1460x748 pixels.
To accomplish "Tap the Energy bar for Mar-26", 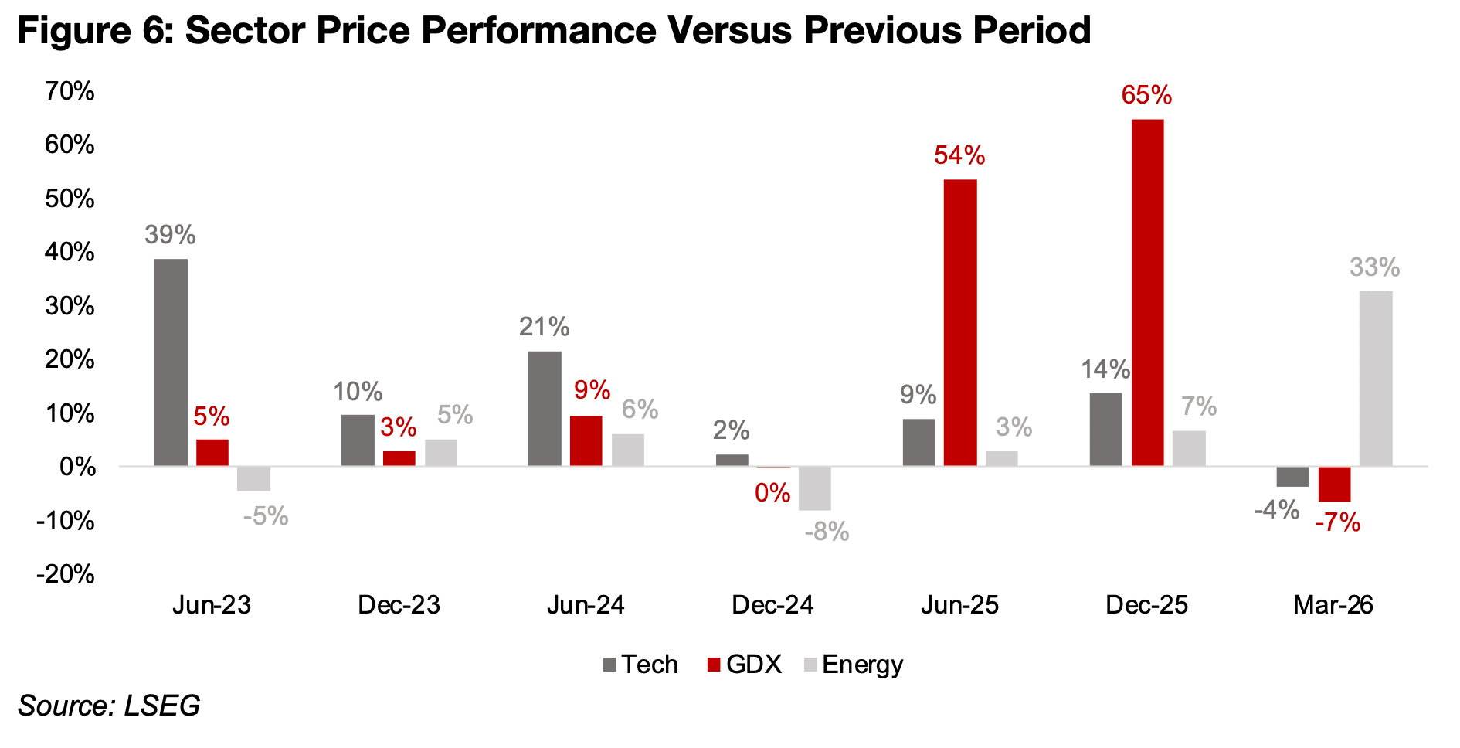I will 1375,378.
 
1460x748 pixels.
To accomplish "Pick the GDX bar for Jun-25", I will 960,322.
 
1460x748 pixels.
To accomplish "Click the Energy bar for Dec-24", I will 815,488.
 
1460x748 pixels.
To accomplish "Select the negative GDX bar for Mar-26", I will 1334,484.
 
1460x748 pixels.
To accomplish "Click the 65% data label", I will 1146,95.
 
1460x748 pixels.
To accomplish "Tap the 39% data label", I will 170,234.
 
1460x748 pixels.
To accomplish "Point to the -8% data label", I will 827,532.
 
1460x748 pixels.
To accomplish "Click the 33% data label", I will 1374,267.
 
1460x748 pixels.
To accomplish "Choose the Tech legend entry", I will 640,665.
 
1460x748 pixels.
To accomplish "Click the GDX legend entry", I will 745,665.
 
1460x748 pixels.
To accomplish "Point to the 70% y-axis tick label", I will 70,91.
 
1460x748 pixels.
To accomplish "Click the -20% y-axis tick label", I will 66,574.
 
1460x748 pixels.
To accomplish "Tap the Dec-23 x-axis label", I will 399,604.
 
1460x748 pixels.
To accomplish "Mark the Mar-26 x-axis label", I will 1333,604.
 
